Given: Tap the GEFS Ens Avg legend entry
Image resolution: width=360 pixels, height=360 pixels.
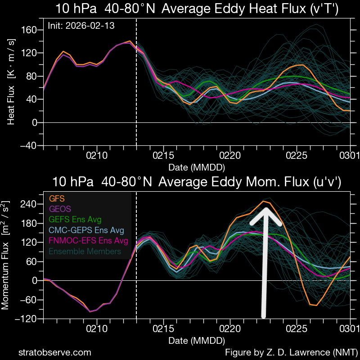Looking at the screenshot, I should tap(75, 220).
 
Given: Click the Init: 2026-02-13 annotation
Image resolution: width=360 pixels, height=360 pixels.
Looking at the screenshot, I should tap(81, 26).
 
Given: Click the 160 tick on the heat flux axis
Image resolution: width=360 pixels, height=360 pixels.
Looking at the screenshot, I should tap(29, 30).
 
